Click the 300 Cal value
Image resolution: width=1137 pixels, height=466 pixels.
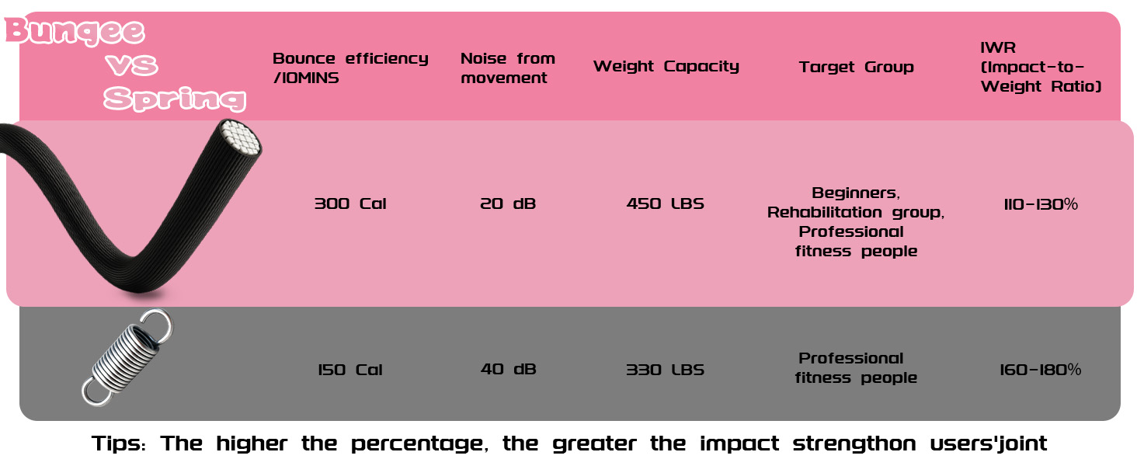349,204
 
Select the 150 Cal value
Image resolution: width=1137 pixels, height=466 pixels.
349,370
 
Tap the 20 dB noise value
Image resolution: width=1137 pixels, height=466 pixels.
508,204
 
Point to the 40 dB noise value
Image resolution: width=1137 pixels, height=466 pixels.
508,370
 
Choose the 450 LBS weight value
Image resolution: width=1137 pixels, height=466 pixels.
665,204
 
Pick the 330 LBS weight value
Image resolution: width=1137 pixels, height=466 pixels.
665,370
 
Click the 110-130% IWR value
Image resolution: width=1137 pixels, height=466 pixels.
1040,204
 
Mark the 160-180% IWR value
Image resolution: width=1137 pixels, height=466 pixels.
1040,370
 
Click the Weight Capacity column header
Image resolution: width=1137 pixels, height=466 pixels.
666,67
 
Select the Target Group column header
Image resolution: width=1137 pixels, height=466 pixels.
856,68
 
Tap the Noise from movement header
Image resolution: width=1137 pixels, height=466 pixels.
508,68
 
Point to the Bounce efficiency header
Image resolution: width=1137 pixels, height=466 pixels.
350,68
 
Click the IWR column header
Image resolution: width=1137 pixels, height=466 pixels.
1041,68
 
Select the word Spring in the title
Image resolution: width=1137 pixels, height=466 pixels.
175,99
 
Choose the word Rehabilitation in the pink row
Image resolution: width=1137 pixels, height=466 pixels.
830,213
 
